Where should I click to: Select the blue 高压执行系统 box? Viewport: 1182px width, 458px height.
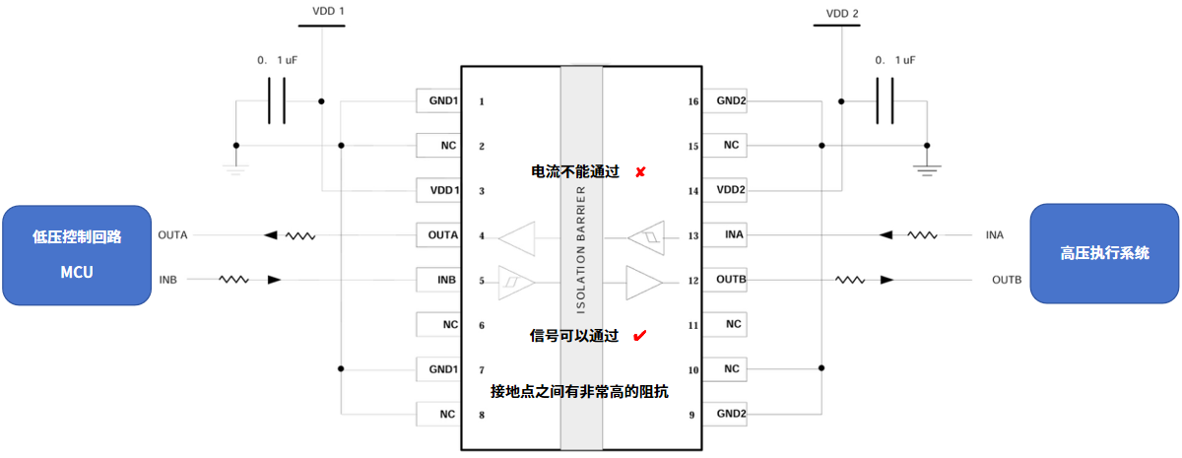pyautogui.click(x=1104, y=253)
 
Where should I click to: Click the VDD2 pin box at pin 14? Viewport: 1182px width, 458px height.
pyautogui.click(x=730, y=190)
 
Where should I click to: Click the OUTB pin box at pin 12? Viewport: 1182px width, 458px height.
pyautogui.click(x=730, y=280)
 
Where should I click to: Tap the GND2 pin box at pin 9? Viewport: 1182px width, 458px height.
pyautogui.click(x=730, y=414)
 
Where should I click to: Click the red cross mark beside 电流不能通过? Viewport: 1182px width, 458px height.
pyautogui.click(x=639, y=172)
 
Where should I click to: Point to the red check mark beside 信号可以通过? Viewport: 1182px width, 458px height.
pyautogui.click(x=639, y=336)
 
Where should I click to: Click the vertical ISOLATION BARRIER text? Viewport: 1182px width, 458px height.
pyautogui.click(x=580, y=246)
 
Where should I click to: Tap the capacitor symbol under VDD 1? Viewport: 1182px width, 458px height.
pyautogui.click(x=277, y=100)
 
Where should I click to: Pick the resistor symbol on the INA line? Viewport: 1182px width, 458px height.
pyautogui.click(x=923, y=235)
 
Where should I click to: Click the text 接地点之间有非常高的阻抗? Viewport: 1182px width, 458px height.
pyautogui.click(x=580, y=391)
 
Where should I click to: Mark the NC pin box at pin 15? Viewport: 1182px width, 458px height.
pyautogui.click(x=730, y=146)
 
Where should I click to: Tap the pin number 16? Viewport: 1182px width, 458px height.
pyautogui.click(x=694, y=101)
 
